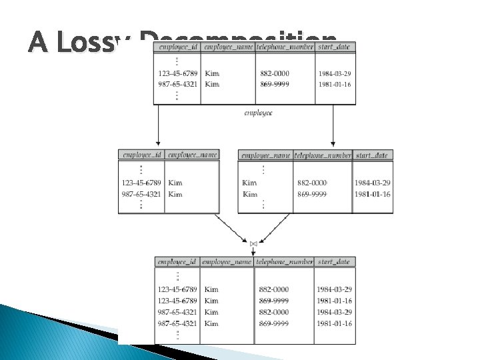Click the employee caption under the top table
point(258,113)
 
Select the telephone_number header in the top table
point(285,47)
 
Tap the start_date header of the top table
point(335,47)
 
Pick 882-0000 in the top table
point(275,73)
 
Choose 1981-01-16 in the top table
point(335,84)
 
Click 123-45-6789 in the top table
point(177,73)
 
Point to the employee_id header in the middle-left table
point(141,155)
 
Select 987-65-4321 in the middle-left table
point(141,194)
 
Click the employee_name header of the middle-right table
point(265,155)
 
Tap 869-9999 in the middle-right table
point(312,194)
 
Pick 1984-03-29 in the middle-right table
point(372,183)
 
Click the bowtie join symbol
point(253,244)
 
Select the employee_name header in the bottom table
point(227,262)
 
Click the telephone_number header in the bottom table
point(285,262)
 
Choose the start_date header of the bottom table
point(335,262)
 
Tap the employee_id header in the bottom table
point(177,262)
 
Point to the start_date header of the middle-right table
point(372,155)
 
